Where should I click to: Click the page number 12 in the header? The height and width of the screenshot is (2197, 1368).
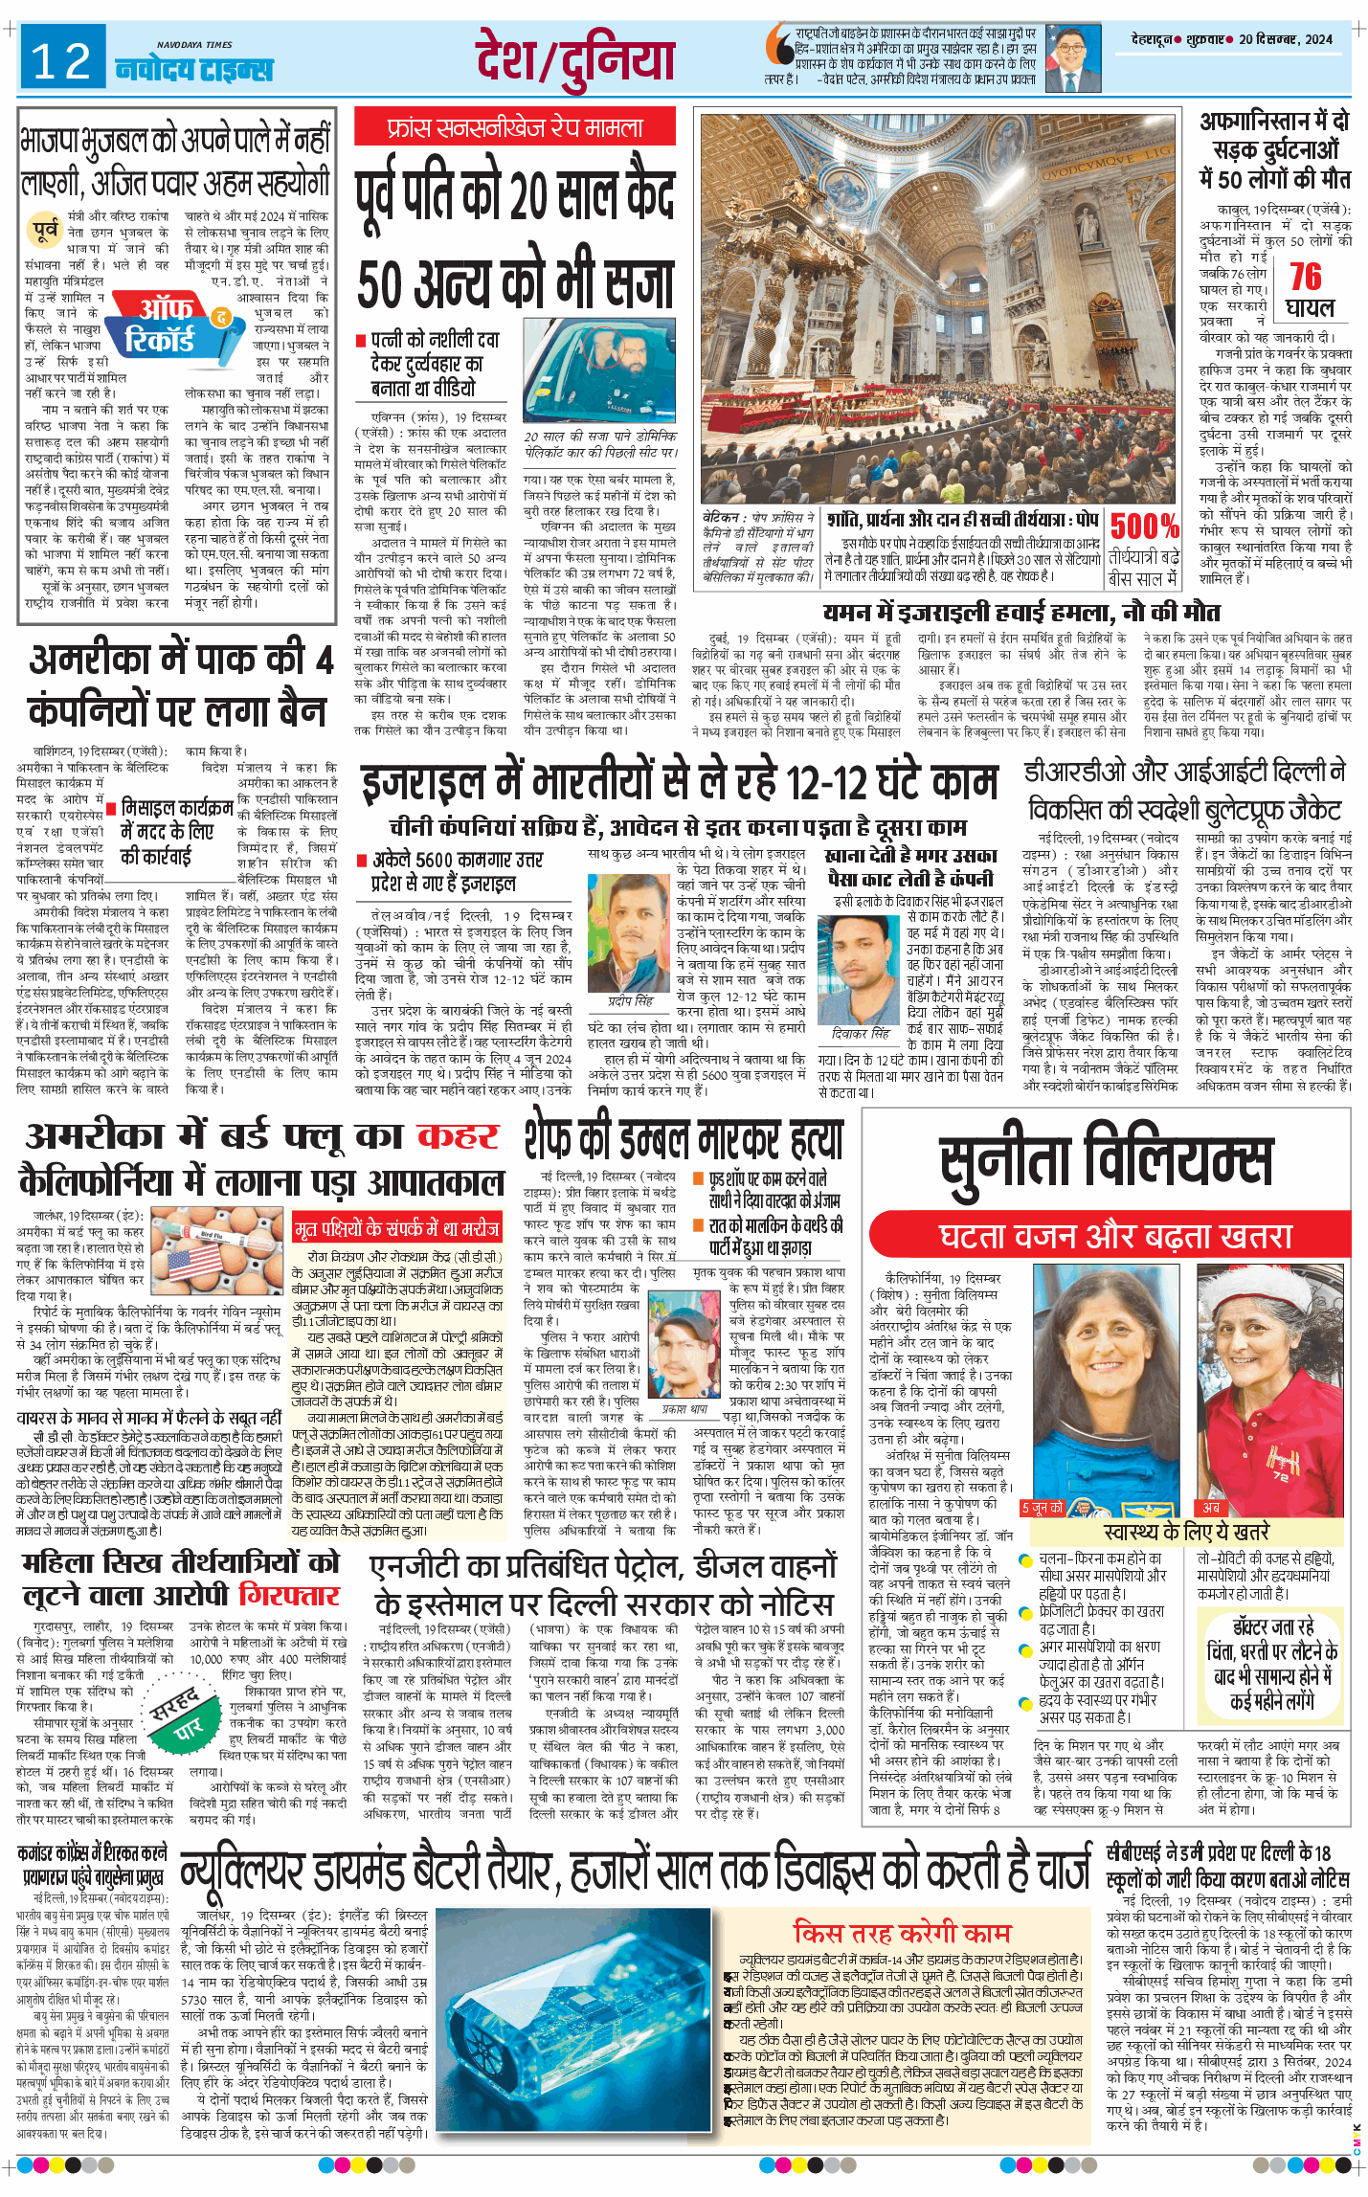coord(61,61)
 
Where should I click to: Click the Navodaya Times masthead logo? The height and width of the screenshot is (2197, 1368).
coord(194,65)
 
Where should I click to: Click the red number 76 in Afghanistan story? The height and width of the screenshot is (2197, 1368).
coord(1305,277)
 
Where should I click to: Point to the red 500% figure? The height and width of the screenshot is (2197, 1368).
coord(1144,526)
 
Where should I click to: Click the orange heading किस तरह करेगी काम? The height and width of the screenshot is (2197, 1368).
coord(902,1931)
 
